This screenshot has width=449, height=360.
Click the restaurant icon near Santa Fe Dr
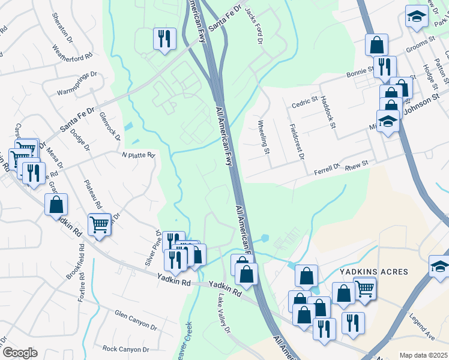(x=164, y=39)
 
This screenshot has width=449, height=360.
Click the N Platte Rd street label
(x=139, y=155)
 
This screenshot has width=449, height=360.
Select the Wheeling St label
(x=264, y=137)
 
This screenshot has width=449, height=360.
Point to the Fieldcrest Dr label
(x=297, y=142)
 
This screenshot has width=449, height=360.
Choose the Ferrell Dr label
(x=327, y=171)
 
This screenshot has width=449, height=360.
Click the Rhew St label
(x=357, y=163)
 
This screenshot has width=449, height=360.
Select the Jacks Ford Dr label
(x=254, y=26)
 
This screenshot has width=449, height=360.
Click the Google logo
(x=20, y=353)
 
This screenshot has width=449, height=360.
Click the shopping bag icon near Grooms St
(x=376, y=44)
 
